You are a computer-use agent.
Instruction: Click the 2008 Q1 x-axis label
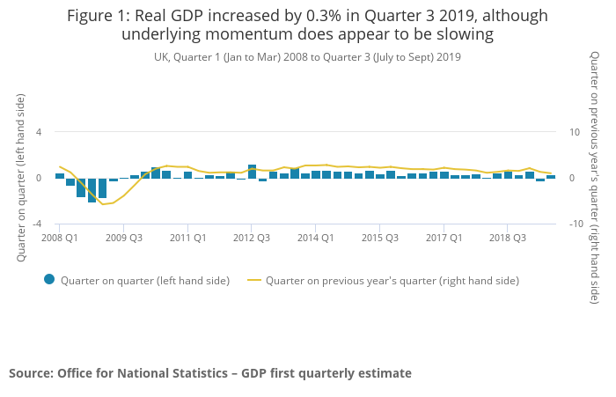pyautogui.click(x=60, y=238)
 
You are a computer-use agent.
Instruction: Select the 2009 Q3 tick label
pyautogui.click(x=124, y=238)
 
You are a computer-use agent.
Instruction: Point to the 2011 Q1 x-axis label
pyautogui.click(x=188, y=238)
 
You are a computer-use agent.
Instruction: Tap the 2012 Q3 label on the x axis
pyautogui.click(x=252, y=238)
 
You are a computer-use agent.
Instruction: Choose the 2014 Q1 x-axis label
pyautogui.click(x=315, y=238)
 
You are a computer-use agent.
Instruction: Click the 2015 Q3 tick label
pyautogui.click(x=379, y=238)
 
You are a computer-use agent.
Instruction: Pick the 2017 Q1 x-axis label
pyautogui.click(x=444, y=238)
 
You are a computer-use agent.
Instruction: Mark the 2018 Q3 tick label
pyautogui.click(x=508, y=238)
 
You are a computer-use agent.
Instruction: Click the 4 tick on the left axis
pyautogui.click(x=39, y=132)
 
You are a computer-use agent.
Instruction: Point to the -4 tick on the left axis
pyautogui.click(x=37, y=224)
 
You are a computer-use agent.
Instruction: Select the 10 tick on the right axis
pyautogui.click(x=574, y=132)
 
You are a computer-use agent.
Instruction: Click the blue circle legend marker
pyautogui.click(x=49, y=280)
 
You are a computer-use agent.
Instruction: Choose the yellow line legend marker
pyautogui.click(x=254, y=281)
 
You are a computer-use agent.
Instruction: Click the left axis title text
pyautogui.click(x=21, y=177)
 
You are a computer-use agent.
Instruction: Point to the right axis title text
pyautogui.click(x=596, y=177)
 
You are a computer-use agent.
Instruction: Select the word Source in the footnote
pyautogui.click(x=29, y=373)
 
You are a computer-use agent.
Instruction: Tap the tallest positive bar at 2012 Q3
pyautogui.click(x=252, y=171)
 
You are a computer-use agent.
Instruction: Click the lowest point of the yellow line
pyautogui.click(x=103, y=204)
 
